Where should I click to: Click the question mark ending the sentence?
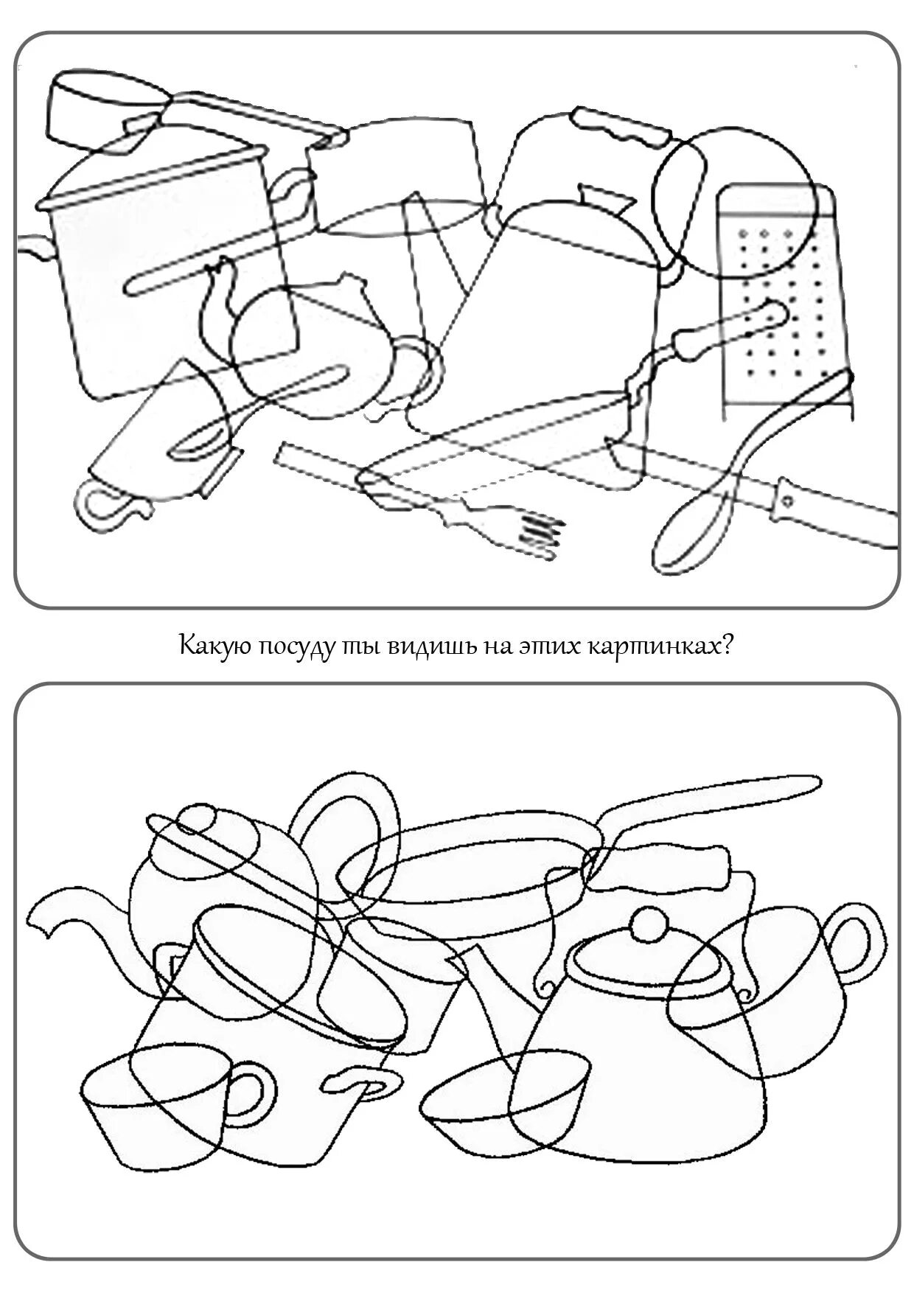727,647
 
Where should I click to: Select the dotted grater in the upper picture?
781,295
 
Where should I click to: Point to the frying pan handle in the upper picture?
730,327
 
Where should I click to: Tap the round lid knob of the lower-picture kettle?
647,924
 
